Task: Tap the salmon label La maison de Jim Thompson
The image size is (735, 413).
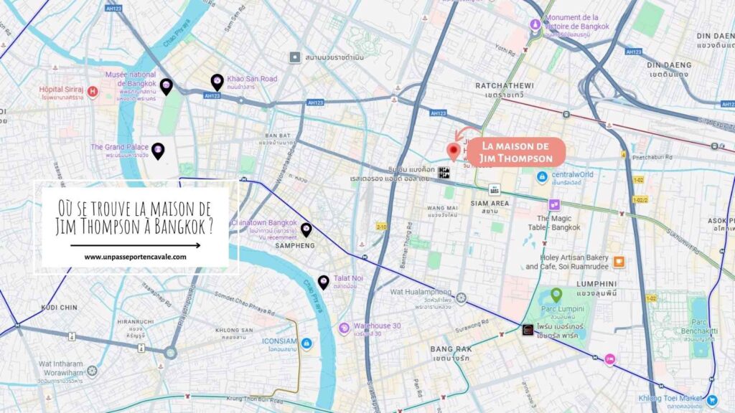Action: point(516,153)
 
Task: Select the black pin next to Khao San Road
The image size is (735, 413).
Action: point(217,82)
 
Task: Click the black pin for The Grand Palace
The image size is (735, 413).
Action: point(158,151)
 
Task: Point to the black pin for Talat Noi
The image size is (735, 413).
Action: point(324,282)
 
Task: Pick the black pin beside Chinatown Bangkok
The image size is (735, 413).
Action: point(306,229)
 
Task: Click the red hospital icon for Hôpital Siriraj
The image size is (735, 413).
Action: point(92,92)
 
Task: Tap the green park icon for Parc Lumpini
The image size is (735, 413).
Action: point(556,295)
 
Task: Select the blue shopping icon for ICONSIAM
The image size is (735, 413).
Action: point(306,343)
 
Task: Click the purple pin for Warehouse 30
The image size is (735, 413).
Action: point(345,328)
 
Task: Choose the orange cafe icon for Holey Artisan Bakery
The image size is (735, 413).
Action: point(619,262)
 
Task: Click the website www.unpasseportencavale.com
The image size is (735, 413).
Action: point(135,257)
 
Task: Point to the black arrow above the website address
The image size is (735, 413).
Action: point(135,245)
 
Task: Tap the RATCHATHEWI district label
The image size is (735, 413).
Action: point(502,85)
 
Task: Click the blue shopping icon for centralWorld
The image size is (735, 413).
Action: point(543,176)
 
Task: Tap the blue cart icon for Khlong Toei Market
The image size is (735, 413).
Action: point(712,400)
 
